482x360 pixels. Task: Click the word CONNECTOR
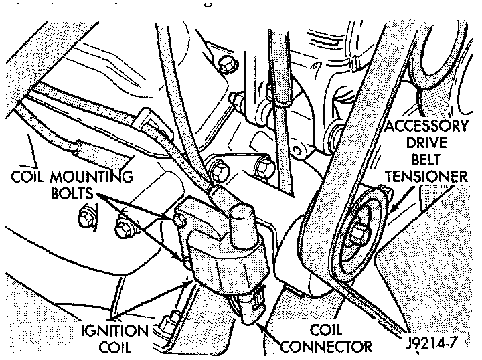(326, 346)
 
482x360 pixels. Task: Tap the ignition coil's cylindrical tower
(242, 221)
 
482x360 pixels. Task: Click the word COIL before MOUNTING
(30, 178)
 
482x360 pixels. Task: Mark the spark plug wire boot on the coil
(221, 196)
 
